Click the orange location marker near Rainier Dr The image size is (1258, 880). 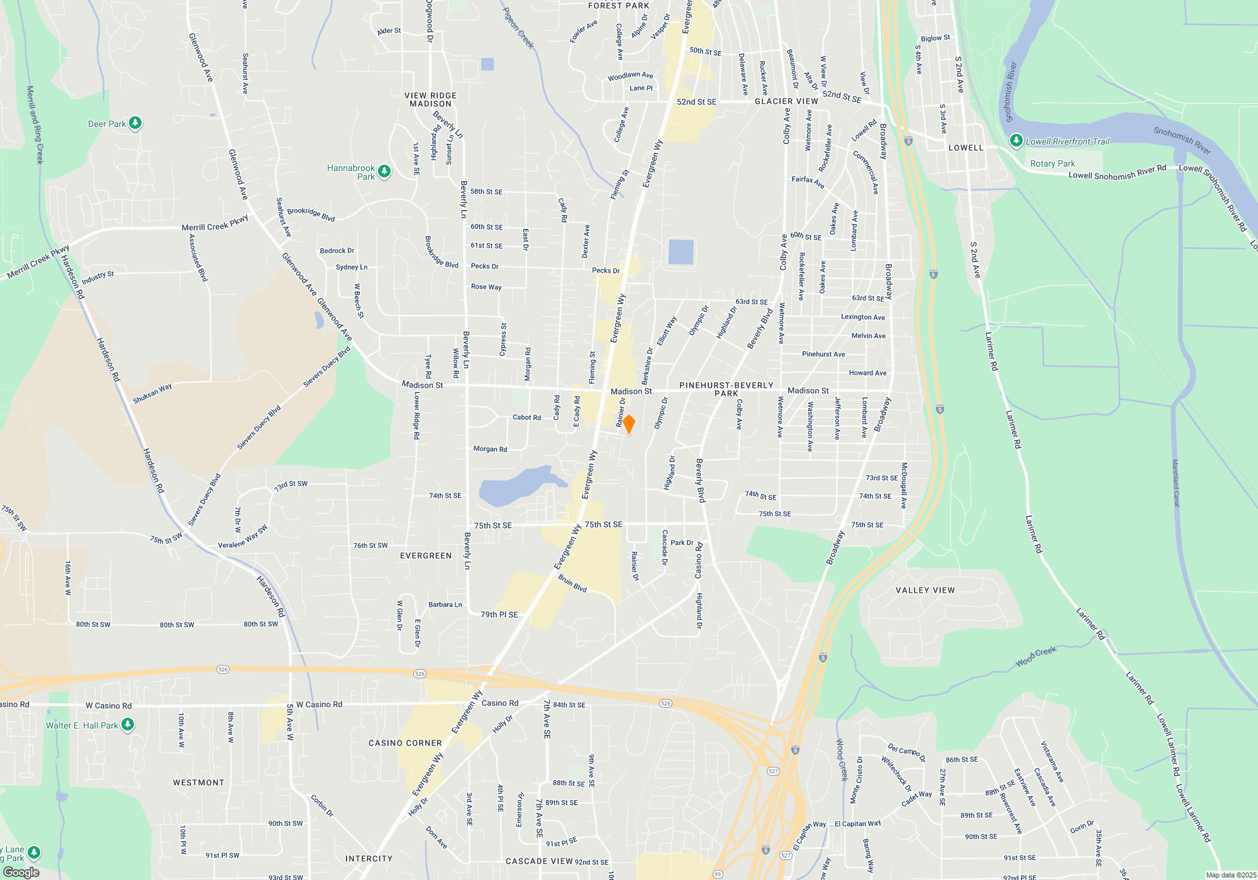628,424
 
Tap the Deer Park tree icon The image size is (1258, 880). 135,123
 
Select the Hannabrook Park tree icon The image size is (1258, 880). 384,171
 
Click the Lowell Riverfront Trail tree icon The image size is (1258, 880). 1016,141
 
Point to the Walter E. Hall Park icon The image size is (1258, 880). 128,725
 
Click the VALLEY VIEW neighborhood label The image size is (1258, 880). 925,590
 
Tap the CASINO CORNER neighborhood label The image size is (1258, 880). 405,743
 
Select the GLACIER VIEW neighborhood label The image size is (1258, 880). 786,101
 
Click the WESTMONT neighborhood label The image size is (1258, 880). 199,783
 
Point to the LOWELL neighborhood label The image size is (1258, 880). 966,148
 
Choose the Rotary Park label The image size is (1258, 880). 1052,163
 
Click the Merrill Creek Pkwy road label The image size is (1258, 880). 214,224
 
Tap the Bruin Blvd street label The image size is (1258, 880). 572,584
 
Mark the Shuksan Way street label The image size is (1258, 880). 152,394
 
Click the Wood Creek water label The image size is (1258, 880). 1036,656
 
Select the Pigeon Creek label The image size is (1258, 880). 518,28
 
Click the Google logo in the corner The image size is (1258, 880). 21,872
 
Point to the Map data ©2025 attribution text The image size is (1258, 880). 1231,875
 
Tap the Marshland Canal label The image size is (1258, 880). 1175,483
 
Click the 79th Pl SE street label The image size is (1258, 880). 499,615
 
